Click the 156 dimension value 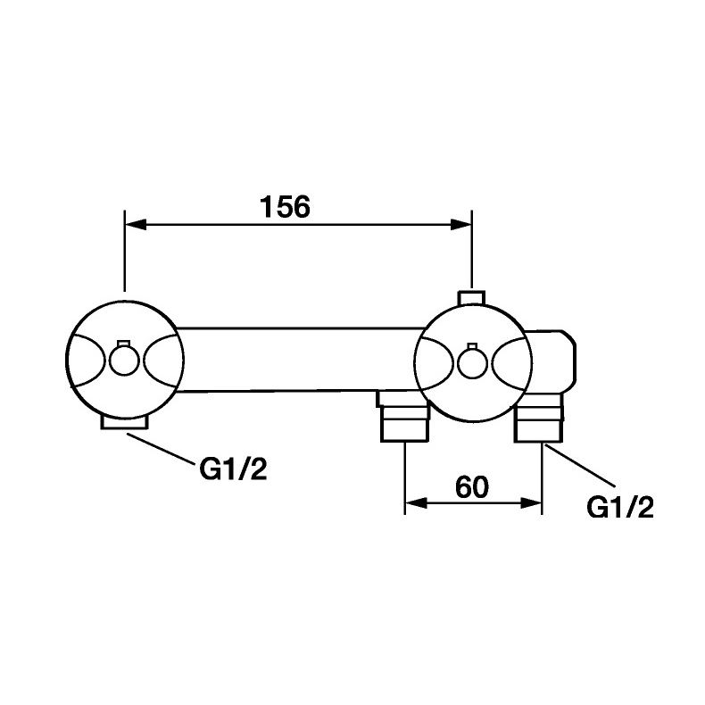285,206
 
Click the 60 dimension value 472,487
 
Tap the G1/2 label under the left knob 233,469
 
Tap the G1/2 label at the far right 620,508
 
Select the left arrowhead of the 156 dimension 136,224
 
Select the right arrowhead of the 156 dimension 460,224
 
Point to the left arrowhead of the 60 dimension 416,503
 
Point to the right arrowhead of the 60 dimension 531,503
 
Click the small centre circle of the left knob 124,361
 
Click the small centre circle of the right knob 472,362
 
